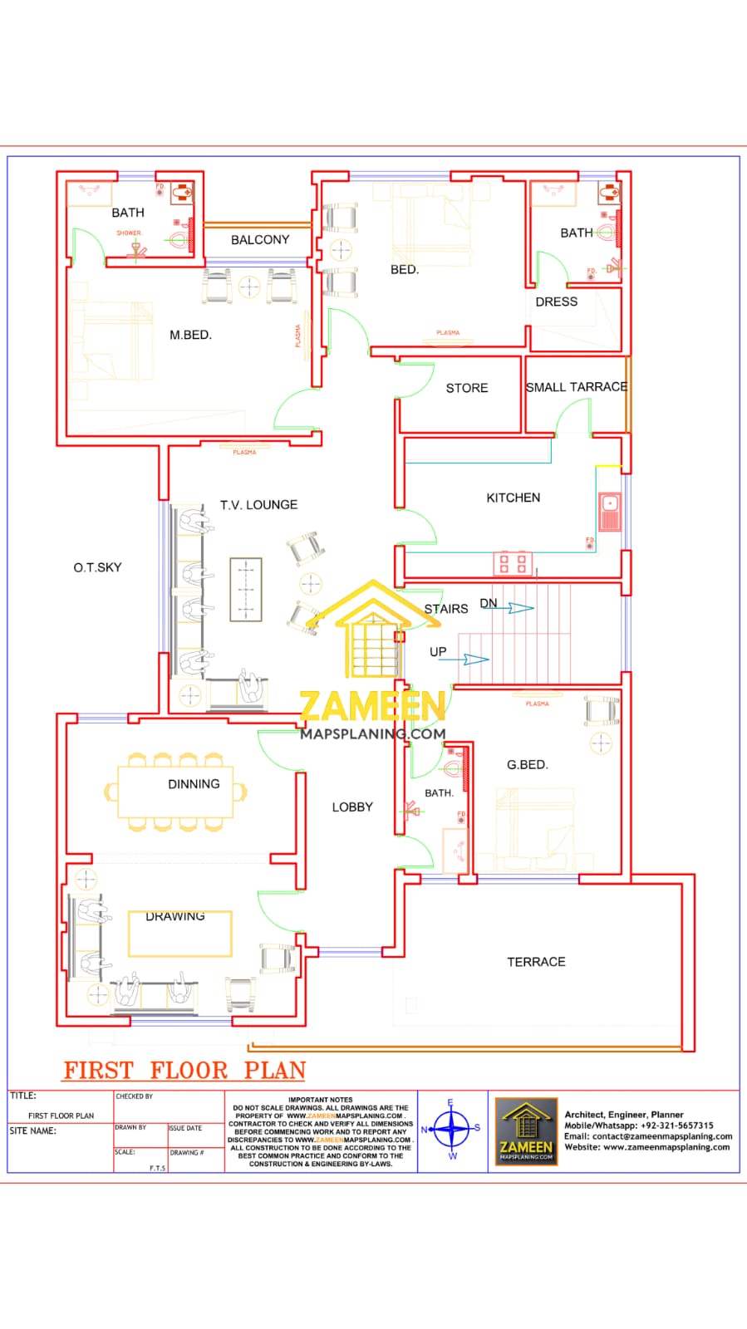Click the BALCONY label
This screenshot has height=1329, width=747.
pyautogui.click(x=260, y=239)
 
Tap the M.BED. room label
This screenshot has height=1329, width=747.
pyautogui.click(x=190, y=335)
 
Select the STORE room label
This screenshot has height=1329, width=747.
pyautogui.click(x=466, y=388)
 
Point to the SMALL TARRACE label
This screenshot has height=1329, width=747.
pyautogui.click(x=576, y=387)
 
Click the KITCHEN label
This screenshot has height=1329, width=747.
pyautogui.click(x=513, y=498)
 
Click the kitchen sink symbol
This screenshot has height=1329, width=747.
pyautogui.click(x=609, y=512)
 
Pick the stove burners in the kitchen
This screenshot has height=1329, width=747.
pyautogui.click(x=512, y=563)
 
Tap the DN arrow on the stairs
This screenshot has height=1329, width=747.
pyautogui.click(x=518, y=609)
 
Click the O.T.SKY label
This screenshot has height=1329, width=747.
pyautogui.click(x=97, y=567)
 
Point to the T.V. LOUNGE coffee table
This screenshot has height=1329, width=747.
pyautogui.click(x=245, y=590)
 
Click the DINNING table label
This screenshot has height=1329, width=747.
pyautogui.click(x=194, y=784)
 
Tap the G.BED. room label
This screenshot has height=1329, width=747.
pyautogui.click(x=527, y=764)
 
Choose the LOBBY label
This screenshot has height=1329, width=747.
pyautogui.click(x=352, y=807)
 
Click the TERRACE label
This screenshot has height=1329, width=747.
pyautogui.click(x=536, y=962)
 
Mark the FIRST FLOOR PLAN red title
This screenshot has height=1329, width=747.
pyautogui.click(x=184, y=1070)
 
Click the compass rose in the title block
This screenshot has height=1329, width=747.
pyautogui.click(x=452, y=1130)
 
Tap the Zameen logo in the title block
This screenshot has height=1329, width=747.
pyautogui.click(x=526, y=1130)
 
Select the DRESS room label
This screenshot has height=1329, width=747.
pyautogui.click(x=556, y=302)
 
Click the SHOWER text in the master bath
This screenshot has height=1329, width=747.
pyautogui.click(x=129, y=233)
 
